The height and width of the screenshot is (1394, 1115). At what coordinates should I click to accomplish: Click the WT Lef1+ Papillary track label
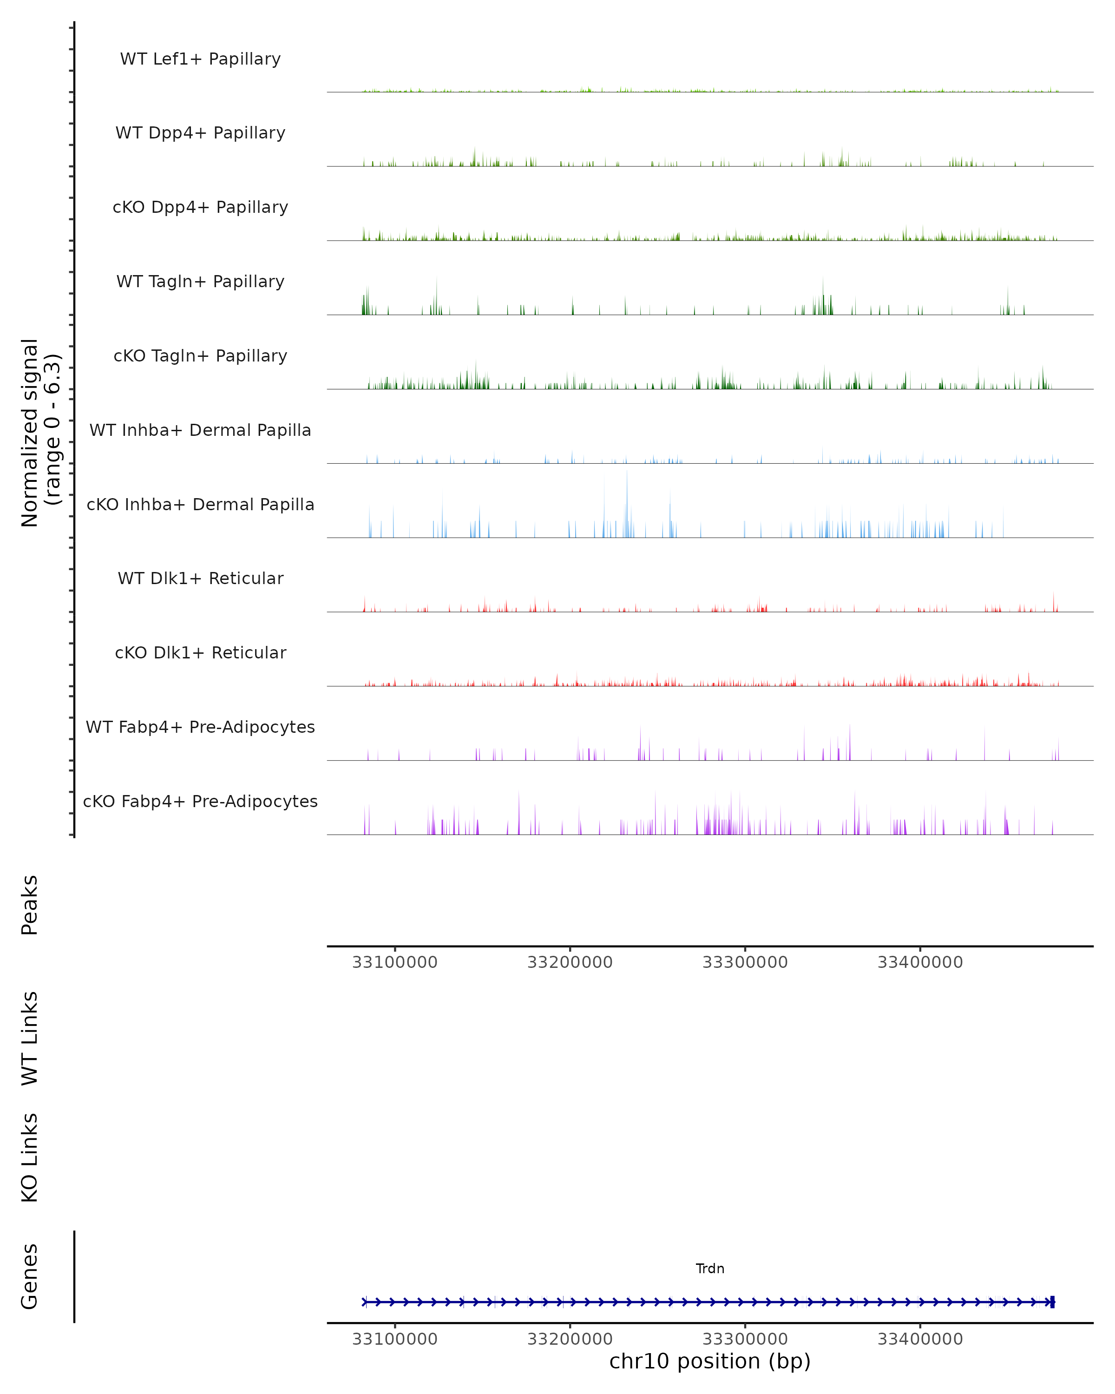(x=200, y=59)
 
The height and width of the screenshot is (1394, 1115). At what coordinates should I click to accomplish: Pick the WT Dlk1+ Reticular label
(x=200, y=578)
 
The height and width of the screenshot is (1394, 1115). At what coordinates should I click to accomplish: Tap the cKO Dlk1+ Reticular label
(x=200, y=652)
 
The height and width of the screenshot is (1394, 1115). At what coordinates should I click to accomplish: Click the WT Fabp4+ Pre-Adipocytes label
(x=200, y=727)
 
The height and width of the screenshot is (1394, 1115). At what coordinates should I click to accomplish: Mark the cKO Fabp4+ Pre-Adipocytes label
(x=200, y=801)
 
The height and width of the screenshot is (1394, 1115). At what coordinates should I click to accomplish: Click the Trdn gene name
(x=710, y=1269)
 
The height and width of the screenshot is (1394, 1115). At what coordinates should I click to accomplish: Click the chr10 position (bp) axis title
(x=710, y=1361)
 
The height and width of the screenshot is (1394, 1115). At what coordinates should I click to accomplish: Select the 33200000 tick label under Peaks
(x=570, y=962)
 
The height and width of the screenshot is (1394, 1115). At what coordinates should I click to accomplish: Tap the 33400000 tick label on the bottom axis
(x=920, y=1339)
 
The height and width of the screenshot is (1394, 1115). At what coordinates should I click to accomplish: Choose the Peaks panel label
(x=30, y=905)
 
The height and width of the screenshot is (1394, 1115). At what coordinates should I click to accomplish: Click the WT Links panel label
(x=30, y=1038)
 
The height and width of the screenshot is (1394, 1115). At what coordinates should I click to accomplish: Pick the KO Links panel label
(x=30, y=1157)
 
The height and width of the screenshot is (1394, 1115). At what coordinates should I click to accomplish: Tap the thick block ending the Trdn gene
(x=1052, y=1302)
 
